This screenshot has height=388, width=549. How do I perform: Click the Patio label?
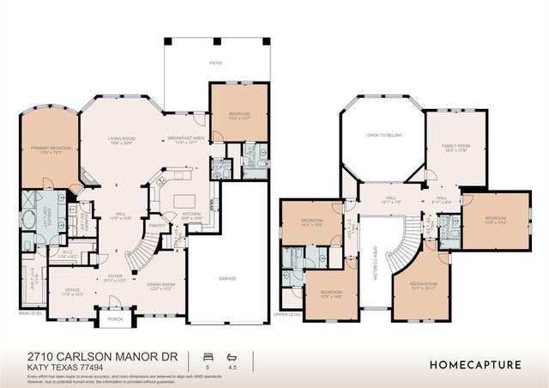217,63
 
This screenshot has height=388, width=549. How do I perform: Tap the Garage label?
227,278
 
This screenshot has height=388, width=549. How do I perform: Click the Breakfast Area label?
185,138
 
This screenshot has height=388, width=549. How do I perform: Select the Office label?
73,290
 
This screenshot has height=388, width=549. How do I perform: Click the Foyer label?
115,276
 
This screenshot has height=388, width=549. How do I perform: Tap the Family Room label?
455,146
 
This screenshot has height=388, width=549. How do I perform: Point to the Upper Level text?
287,314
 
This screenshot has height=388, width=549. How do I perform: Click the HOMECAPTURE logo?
474,364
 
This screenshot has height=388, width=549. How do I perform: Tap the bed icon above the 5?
206,355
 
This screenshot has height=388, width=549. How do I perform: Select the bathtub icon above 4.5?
230,355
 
